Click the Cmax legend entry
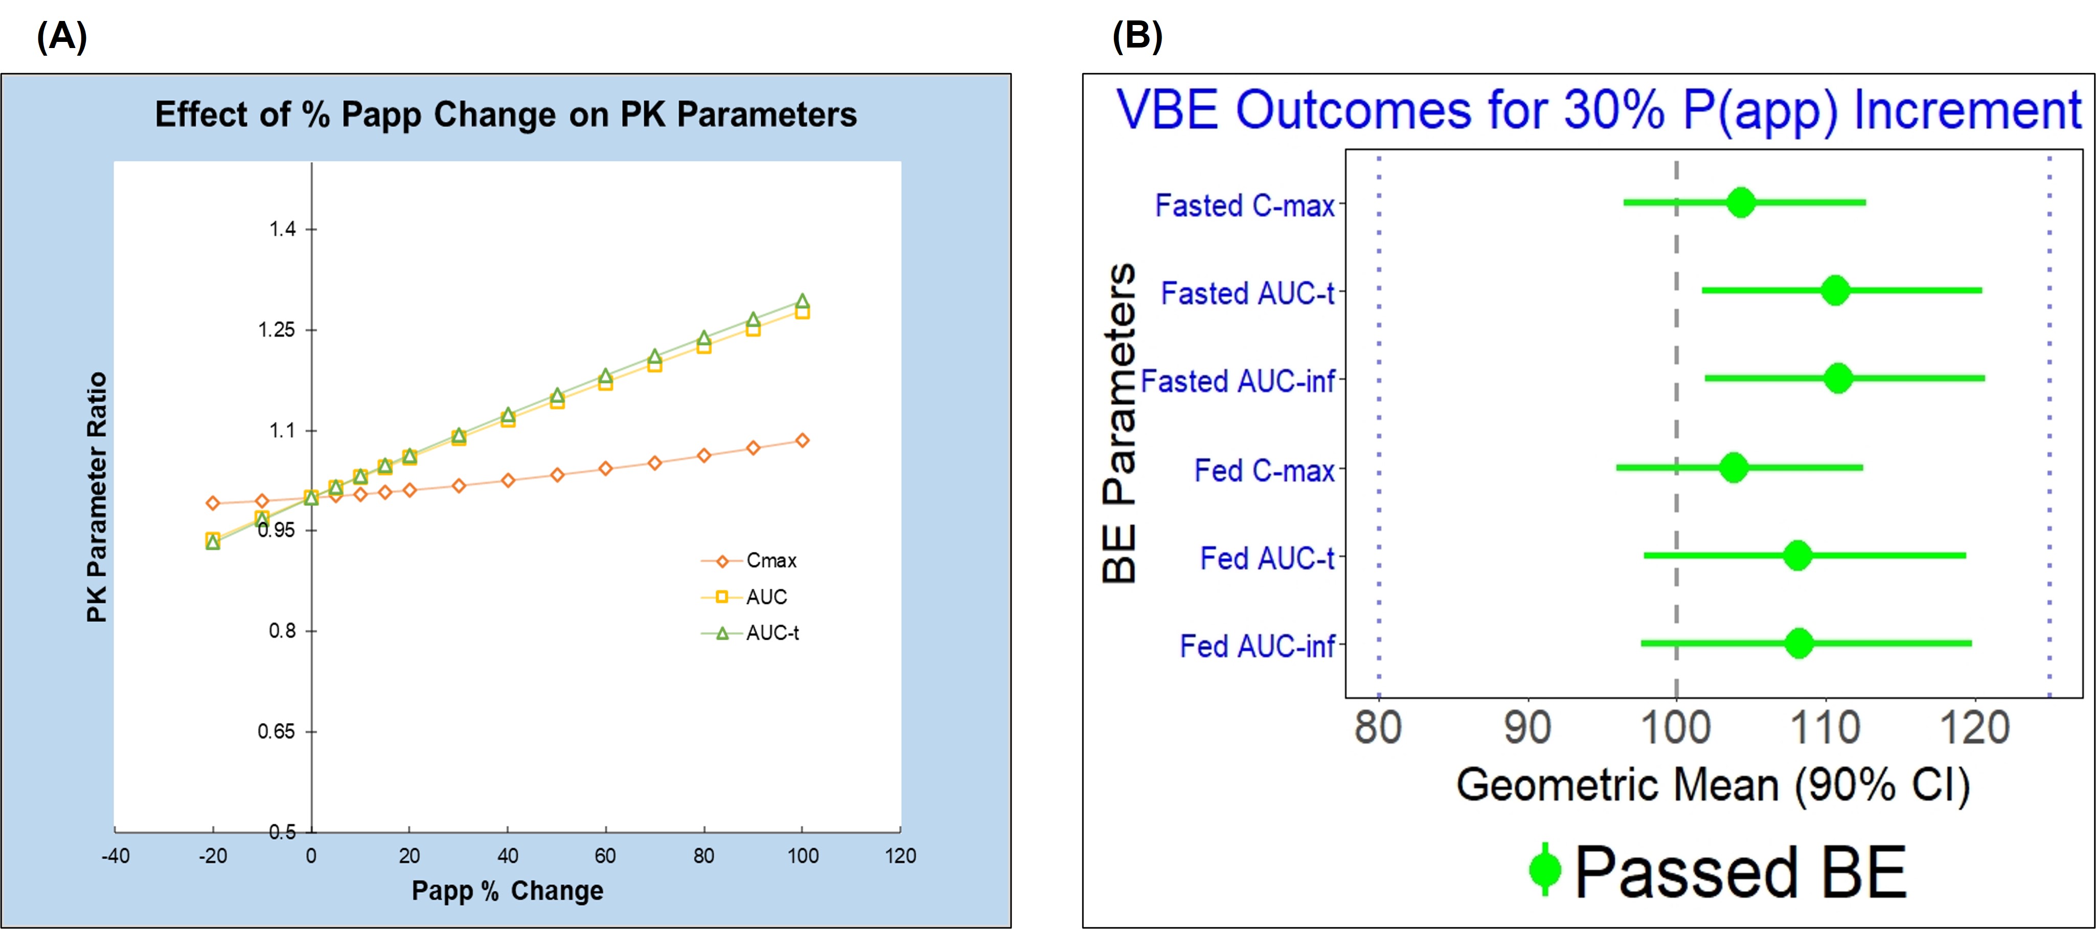770,561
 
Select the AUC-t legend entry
771,633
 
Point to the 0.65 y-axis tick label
276,731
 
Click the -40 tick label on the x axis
115,856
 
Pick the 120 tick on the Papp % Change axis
900,856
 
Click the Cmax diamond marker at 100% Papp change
802,440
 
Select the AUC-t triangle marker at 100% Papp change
802,301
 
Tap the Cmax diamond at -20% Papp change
213,503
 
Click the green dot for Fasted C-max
1740,202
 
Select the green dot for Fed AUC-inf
1799,643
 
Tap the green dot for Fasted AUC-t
1835,290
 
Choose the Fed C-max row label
1264,470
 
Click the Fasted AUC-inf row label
1238,381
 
